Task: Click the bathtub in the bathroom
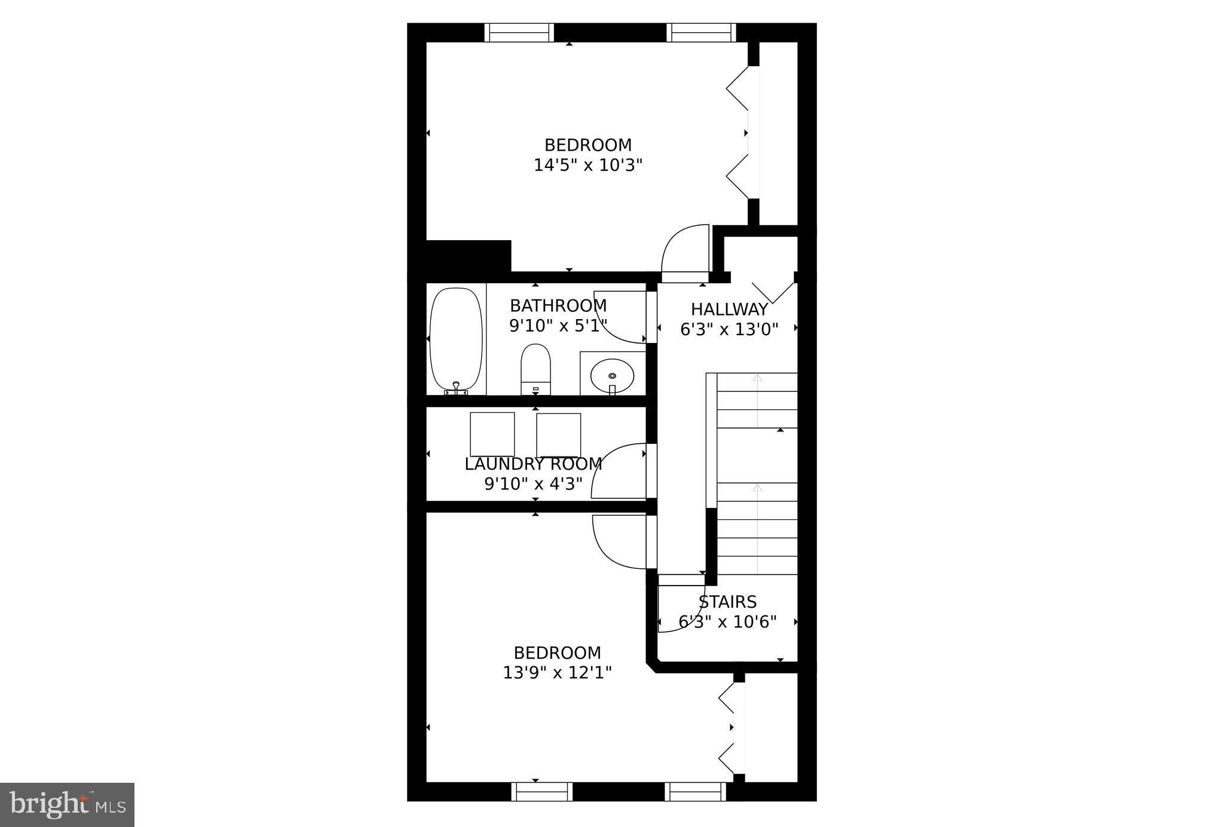(x=456, y=339)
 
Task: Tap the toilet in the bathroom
(x=535, y=366)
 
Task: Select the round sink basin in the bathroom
(x=612, y=375)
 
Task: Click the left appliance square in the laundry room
(x=492, y=434)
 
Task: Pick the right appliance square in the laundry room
(x=559, y=435)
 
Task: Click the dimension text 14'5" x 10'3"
(x=587, y=165)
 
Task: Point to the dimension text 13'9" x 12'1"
(x=557, y=673)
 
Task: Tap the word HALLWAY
(x=729, y=310)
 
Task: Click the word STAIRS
(x=727, y=602)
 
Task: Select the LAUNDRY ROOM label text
(x=533, y=464)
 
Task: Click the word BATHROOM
(x=558, y=306)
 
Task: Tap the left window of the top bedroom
(x=519, y=32)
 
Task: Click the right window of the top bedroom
(x=701, y=32)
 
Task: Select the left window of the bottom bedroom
(x=541, y=792)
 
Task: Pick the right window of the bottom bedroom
(x=695, y=792)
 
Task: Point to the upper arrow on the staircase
(x=757, y=378)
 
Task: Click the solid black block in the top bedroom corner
(x=468, y=256)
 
